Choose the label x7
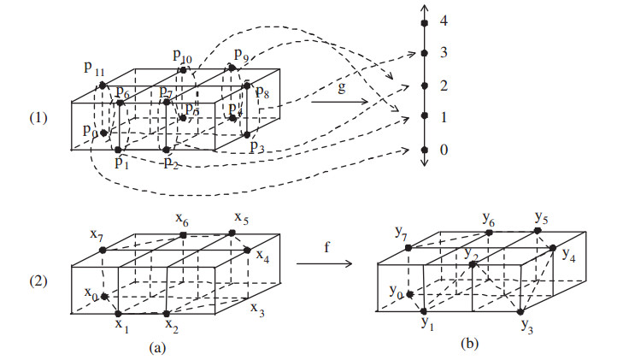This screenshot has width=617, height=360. [x=94, y=234]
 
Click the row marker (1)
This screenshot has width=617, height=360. [x=26, y=115]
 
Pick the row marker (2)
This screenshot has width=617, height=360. [x=26, y=279]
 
